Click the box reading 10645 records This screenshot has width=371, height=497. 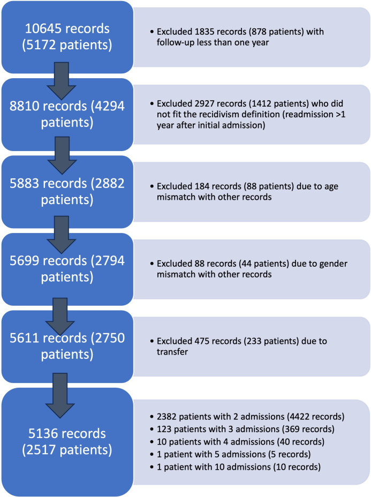(x=66, y=36)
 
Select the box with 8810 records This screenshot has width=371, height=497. (x=66, y=115)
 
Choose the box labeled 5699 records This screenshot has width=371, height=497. (x=66, y=268)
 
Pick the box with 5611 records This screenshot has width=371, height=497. (x=66, y=344)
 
